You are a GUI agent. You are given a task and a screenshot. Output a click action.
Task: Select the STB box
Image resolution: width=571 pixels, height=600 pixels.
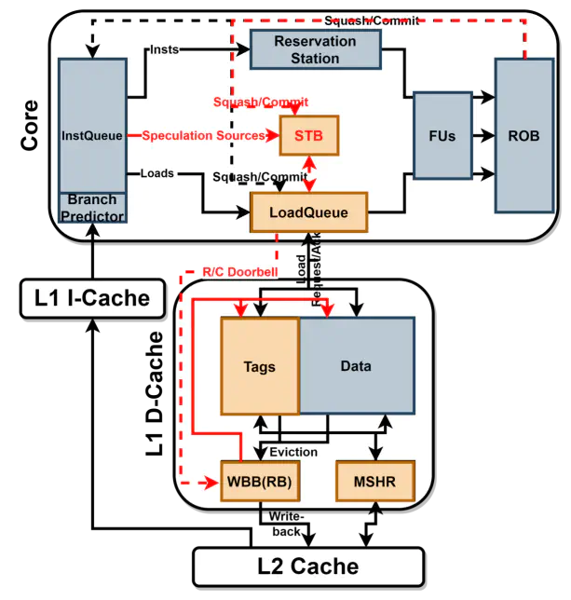pos(308,136)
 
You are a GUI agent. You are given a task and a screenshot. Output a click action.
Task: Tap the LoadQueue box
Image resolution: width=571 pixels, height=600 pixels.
pos(308,212)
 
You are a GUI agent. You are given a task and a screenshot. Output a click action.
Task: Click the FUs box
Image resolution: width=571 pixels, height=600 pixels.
pos(442,135)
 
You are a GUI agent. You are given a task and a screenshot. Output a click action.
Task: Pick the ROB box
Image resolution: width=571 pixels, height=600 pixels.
pos(523,135)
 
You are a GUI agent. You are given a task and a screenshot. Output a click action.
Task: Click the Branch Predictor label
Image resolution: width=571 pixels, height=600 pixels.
pos(91,207)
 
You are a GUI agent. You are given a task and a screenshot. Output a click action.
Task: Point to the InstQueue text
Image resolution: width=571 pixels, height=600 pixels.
pos(91,136)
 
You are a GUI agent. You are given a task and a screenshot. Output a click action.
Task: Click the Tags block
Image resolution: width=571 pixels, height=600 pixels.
pos(259,366)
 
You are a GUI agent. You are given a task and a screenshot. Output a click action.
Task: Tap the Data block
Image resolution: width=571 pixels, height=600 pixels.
pos(356,366)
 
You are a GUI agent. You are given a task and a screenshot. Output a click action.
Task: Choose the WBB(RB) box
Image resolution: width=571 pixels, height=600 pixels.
pos(259,482)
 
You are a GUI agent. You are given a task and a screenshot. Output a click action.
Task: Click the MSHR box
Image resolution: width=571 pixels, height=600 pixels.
pos(374,482)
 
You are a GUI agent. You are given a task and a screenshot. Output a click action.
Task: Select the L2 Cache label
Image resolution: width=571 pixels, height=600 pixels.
pos(307,566)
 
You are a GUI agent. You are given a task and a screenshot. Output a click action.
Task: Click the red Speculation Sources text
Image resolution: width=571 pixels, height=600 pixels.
pos(203,136)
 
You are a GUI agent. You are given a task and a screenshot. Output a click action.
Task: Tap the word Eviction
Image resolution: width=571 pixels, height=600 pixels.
pos(292,452)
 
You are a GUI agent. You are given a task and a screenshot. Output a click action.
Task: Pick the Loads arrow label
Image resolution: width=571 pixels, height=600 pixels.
pos(156,173)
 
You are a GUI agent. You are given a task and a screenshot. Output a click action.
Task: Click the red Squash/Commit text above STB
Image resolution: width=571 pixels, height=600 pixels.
pos(260,102)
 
